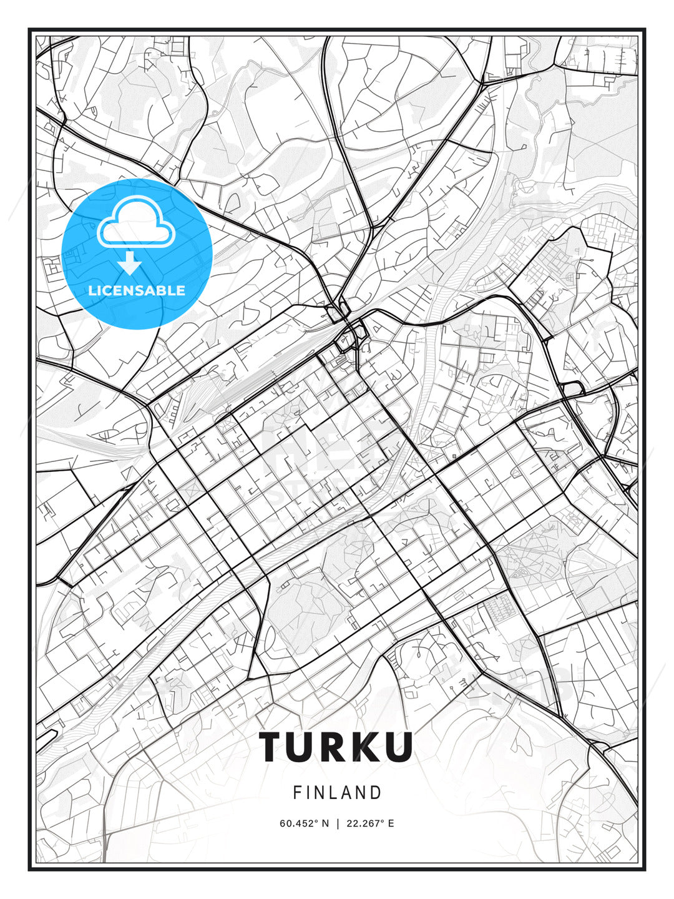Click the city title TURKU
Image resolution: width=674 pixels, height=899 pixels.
336,746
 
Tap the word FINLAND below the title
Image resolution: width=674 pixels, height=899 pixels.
337,793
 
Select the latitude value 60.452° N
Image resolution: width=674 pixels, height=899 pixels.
304,823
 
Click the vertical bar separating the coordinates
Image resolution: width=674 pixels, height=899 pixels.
338,823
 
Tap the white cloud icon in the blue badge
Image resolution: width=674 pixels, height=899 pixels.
135,224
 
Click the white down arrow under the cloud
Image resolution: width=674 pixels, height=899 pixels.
130,263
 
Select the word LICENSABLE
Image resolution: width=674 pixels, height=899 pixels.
137,290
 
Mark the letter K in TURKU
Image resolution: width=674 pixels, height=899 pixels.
366,746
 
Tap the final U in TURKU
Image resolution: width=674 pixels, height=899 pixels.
398,746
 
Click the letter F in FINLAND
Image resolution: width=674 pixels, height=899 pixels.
297,793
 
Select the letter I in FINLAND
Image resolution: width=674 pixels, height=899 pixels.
308,793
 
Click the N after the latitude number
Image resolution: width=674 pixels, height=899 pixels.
325,823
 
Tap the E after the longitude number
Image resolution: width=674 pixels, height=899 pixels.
391,823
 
